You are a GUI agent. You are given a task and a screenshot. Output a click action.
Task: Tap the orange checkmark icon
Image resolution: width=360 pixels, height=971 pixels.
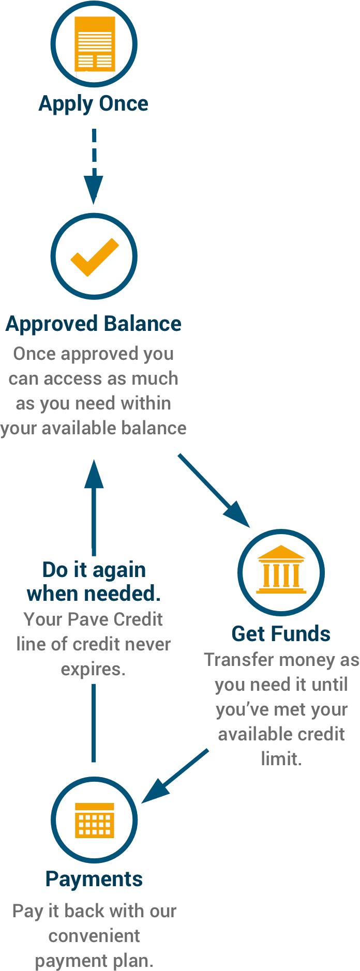click(x=94, y=257)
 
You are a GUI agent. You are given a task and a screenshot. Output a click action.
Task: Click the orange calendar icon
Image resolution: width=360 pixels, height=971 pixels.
click(x=94, y=820)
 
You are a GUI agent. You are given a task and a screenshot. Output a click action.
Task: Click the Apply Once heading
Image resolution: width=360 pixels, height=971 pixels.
click(x=94, y=104)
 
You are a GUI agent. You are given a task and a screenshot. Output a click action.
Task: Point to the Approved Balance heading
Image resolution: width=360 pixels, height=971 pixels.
click(x=94, y=324)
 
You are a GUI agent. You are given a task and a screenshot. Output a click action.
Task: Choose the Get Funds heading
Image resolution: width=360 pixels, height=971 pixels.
click(x=281, y=633)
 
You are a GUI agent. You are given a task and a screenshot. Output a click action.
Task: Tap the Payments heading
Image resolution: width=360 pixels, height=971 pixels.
click(x=94, y=879)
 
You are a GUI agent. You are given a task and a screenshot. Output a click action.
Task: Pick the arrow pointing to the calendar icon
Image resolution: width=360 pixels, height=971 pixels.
click(x=175, y=776)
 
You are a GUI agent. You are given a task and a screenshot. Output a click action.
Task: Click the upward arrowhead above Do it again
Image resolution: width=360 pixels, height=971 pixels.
click(x=94, y=474)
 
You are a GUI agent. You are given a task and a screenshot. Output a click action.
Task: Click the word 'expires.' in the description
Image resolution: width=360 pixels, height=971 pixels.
click(x=93, y=670)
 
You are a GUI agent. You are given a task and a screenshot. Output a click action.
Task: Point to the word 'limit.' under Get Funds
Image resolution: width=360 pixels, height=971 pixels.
click(x=281, y=759)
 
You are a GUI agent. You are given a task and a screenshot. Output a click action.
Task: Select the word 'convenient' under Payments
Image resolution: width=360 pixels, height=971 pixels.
click(x=94, y=936)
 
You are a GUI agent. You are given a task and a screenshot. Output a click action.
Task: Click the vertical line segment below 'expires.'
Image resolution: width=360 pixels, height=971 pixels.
click(x=94, y=723)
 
